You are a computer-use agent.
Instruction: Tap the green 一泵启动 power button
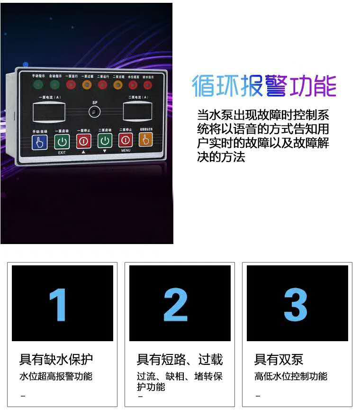62,141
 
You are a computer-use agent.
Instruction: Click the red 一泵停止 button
83,141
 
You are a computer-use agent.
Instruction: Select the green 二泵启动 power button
105,140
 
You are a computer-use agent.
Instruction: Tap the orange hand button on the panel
145,139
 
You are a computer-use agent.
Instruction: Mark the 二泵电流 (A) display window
138,111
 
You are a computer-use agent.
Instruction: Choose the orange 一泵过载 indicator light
87,85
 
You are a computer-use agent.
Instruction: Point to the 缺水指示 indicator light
148,85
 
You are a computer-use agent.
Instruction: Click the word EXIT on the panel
62,153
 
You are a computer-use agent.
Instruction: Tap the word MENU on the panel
126,150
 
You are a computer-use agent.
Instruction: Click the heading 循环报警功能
264,86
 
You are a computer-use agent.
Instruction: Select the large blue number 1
58,304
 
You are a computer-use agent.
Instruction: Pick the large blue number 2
176,304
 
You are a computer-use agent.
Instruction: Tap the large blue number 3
296,304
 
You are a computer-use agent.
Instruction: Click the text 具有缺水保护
56,360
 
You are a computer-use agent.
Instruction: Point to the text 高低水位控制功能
290,376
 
